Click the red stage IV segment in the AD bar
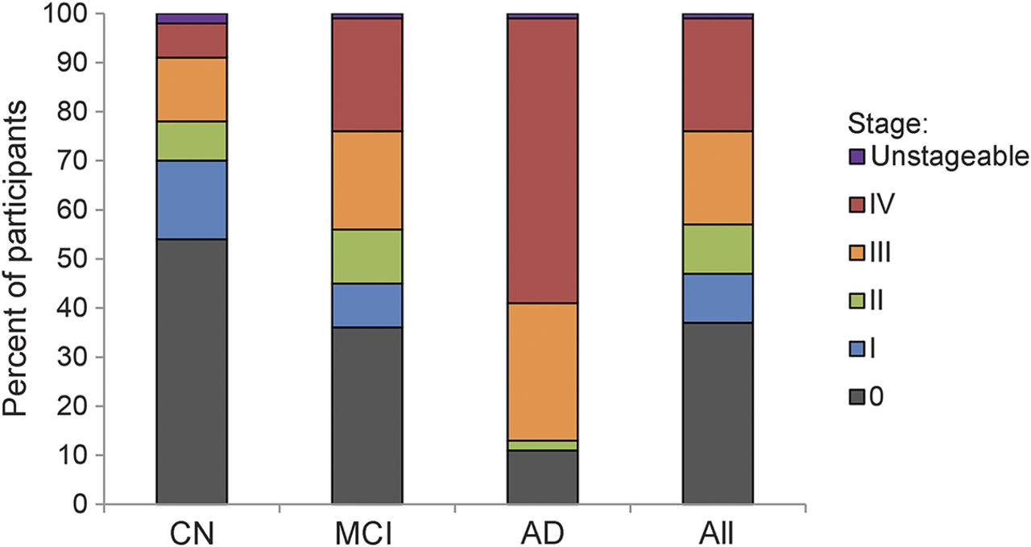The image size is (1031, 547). (542, 160)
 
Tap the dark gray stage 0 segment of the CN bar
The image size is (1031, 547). (191, 371)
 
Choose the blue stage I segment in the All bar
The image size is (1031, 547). (718, 298)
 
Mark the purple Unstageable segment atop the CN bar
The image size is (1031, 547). (191, 19)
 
